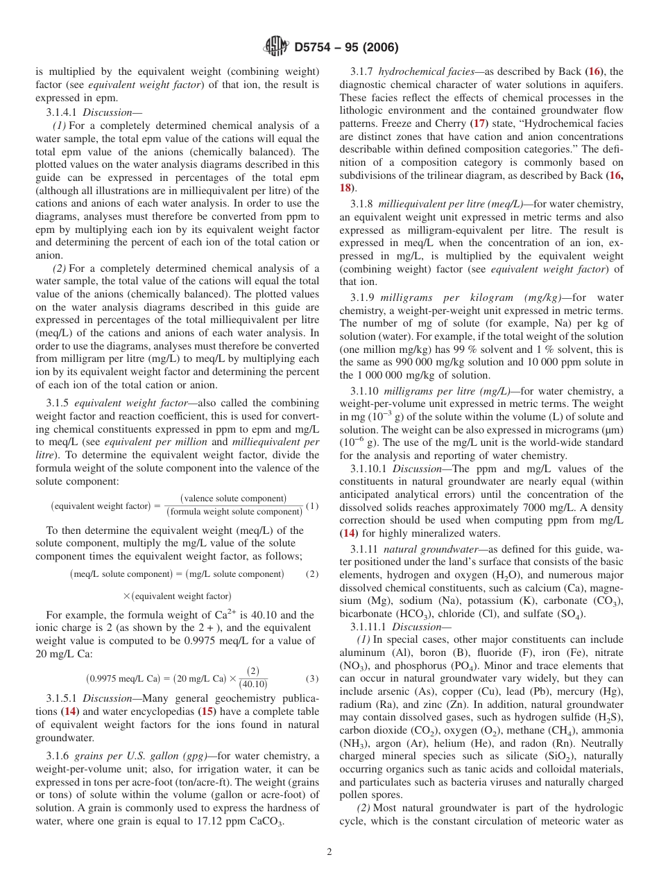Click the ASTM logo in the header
coord(276,47)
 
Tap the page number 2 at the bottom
coord(329,852)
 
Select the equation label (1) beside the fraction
coord(312,505)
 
